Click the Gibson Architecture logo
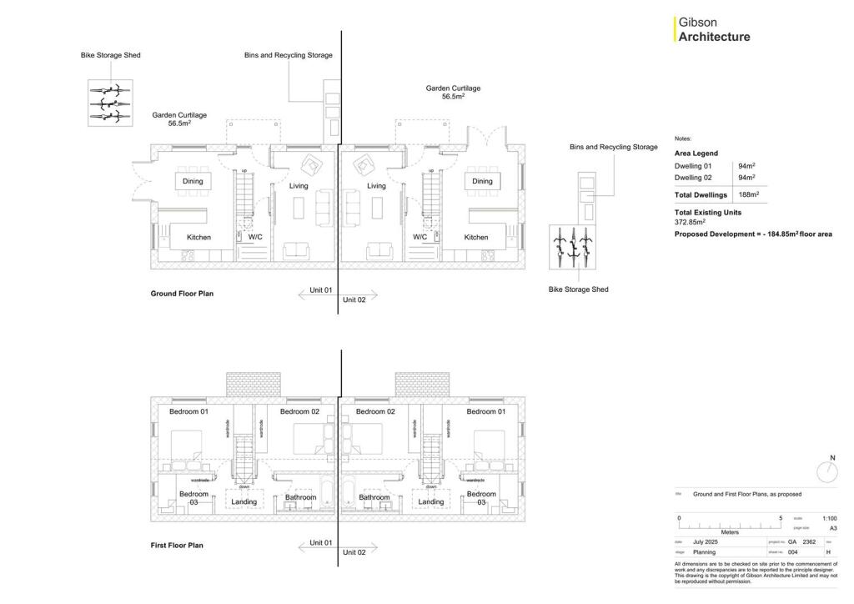(x=713, y=30)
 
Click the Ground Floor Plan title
(x=182, y=294)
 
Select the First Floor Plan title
(x=177, y=546)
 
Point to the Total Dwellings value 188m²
(x=746, y=194)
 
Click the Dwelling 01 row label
(x=693, y=166)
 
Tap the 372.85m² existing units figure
(x=690, y=222)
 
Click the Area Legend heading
(x=696, y=154)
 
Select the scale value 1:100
(x=829, y=518)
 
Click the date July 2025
(x=705, y=542)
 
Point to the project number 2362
(x=809, y=542)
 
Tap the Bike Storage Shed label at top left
(x=110, y=55)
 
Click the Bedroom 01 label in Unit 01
(x=188, y=412)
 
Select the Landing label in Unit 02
(x=431, y=501)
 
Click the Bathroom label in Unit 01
(x=300, y=498)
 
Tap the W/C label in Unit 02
(x=420, y=237)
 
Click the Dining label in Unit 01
(x=193, y=181)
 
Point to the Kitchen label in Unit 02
(x=476, y=237)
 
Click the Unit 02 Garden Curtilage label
(x=453, y=92)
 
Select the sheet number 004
(x=792, y=551)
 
